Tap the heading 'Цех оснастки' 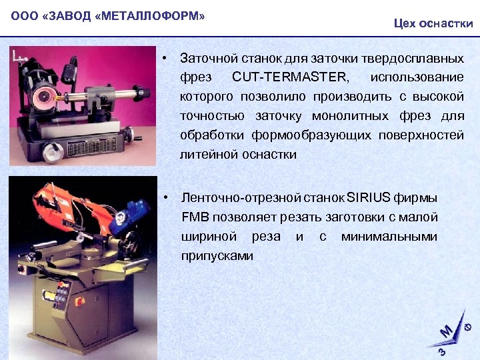coord(433,24)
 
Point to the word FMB coord(194,217)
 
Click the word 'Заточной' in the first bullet coord(205,59)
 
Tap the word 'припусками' coord(217,255)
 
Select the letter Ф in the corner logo coord(469,325)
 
